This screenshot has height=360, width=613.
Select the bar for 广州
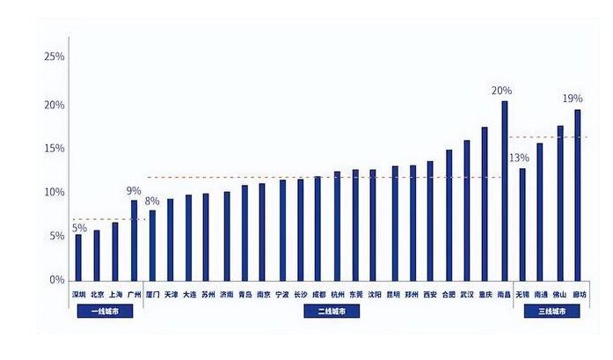click(135, 239)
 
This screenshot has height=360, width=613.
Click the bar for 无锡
click(522, 224)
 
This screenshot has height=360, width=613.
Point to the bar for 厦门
click(152, 245)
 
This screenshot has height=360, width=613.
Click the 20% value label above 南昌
click(501, 91)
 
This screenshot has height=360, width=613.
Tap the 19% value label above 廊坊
click(573, 99)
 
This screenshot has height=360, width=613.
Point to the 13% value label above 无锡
click(519, 158)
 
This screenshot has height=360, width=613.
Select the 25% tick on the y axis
click(54, 57)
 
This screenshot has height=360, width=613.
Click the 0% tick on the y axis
click(57, 280)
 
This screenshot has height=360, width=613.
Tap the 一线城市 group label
click(105, 311)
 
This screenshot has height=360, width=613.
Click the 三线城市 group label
click(551, 311)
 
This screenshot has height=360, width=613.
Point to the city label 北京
click(98, 294)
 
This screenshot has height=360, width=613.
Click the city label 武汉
click(466, 294)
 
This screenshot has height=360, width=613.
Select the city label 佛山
click(559, 294)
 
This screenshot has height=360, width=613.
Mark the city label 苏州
click(208, 294)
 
